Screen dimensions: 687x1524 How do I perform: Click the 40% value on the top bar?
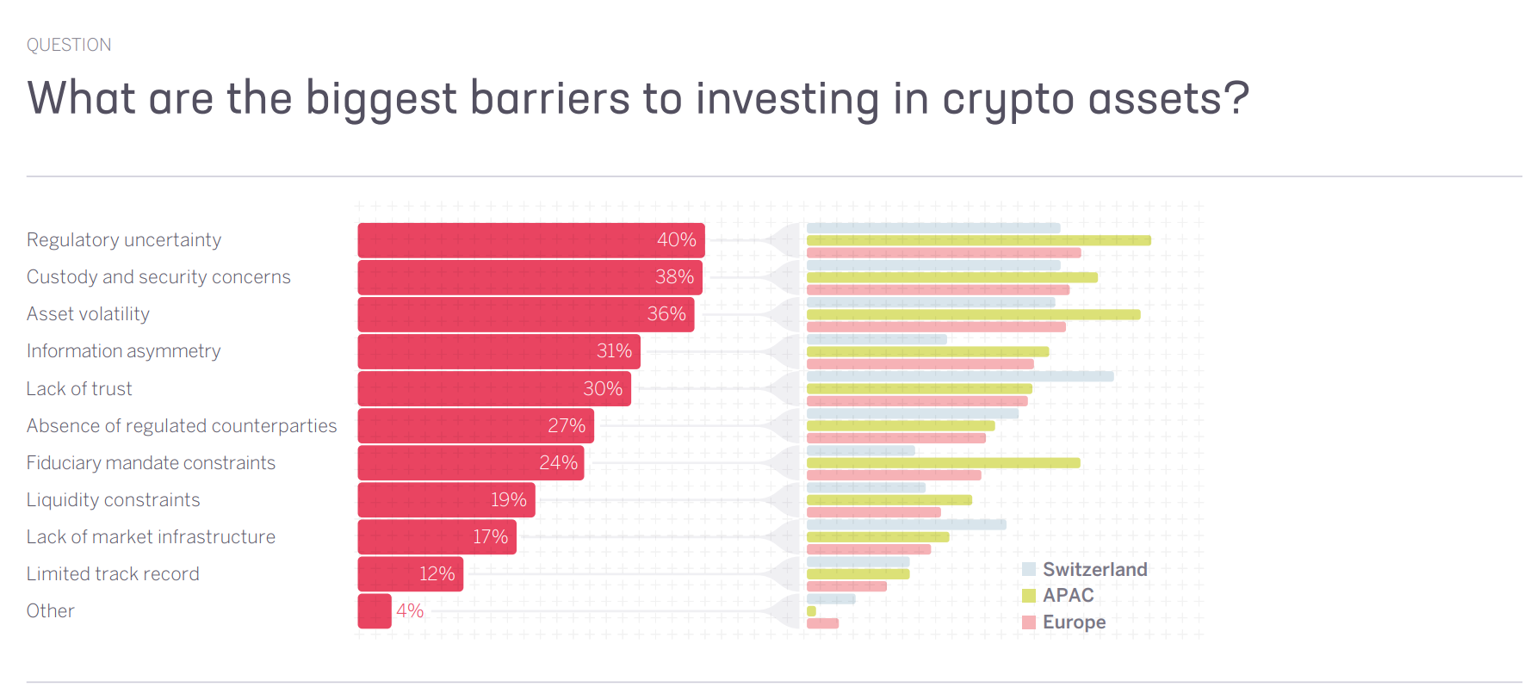coord(676,240)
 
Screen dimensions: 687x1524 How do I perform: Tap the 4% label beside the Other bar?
coord(410,611)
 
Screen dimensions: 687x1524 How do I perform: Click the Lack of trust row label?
coord(79,389)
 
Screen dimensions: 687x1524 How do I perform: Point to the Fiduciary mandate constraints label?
coord(151,463)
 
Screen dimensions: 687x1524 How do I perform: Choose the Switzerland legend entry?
coord(1085,570)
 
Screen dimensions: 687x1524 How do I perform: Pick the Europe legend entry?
coord(1065,622)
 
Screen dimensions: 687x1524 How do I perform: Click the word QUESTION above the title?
coord(69,45)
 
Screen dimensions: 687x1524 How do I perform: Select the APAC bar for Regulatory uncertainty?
coord(978,241)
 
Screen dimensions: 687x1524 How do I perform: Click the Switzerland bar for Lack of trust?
coord(959,376)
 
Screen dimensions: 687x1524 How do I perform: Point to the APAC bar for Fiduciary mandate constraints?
coord(943,463)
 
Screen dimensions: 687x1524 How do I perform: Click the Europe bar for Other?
coord(822,623)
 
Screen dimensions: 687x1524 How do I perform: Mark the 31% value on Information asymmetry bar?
coord(614,351)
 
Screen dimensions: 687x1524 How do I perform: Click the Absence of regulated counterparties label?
coord(182,426)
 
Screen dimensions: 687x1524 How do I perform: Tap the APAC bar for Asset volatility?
coord(973,315)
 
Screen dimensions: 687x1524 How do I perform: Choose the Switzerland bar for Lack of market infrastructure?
coord(906,524)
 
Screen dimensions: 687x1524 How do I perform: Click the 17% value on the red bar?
coord(490,537)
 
